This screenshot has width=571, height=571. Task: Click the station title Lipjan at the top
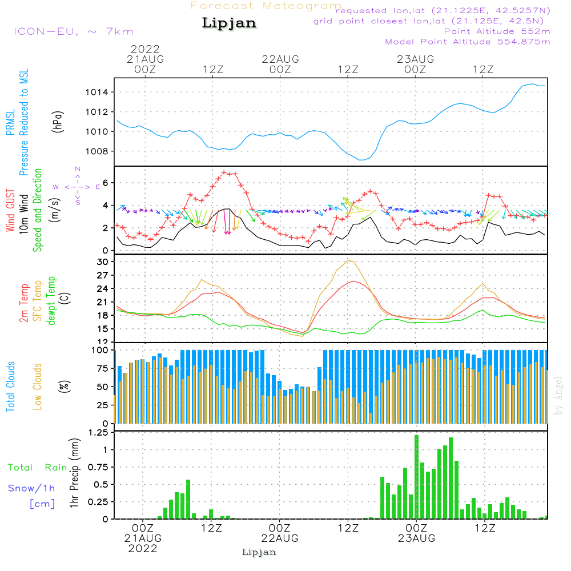click(229, 23)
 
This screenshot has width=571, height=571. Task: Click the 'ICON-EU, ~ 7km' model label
click(74, 31)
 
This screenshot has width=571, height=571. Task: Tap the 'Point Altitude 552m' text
click(497, 31)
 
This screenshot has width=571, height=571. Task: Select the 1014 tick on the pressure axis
click(97, 92)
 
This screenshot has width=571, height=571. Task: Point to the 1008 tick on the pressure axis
click(97, 151)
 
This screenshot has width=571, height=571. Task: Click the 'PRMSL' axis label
click(10, 122)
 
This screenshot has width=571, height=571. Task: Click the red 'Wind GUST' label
click(10, 210)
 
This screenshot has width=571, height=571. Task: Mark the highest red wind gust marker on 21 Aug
click(224, 172)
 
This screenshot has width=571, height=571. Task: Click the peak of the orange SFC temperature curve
click(349, 260)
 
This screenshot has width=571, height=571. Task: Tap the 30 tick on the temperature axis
click(102, 262)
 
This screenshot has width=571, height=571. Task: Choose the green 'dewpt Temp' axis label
click(51, 300)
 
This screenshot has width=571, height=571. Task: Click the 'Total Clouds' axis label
click(10, 387)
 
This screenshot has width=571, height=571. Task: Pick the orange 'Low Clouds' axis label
click(37, 387)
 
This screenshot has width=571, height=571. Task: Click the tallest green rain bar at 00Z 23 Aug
click(417, 477)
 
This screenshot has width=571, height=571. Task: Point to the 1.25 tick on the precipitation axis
click(98, 433)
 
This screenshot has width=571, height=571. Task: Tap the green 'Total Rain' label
click(38, 468)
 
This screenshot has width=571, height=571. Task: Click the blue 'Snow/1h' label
click(31, 488)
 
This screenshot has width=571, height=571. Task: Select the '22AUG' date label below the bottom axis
click(280, 538)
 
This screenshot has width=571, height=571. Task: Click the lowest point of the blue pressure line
click(361, 160)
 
